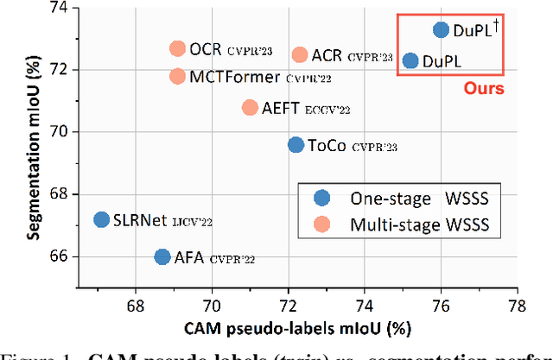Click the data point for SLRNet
101,220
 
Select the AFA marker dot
162,256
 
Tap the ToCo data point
296,145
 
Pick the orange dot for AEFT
250,108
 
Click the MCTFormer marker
177,76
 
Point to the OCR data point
177,49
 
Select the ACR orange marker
300,55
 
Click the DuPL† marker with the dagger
441,30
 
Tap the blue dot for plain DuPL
410,60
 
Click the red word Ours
484,87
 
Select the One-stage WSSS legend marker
323,198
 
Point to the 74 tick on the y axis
57,7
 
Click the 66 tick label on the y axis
57,256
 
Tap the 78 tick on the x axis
517,304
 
